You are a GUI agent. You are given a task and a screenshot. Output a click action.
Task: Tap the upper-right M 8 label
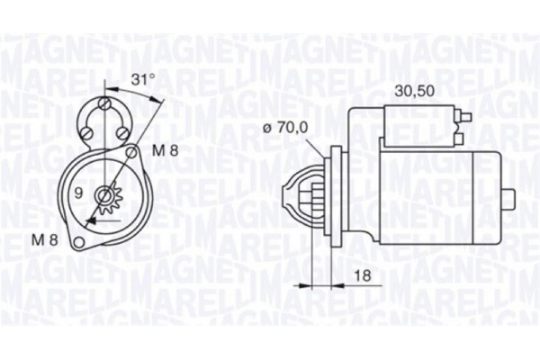click(x=163, y=151)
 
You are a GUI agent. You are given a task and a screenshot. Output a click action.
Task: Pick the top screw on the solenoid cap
click(x=107, y=105)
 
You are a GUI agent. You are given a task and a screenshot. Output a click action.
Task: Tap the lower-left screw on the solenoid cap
click(x=87, y=135)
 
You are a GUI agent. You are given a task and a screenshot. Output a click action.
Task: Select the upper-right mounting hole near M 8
click(x=133, y=153)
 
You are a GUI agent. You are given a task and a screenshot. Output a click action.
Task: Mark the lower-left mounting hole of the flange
click(x=79, y=240)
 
